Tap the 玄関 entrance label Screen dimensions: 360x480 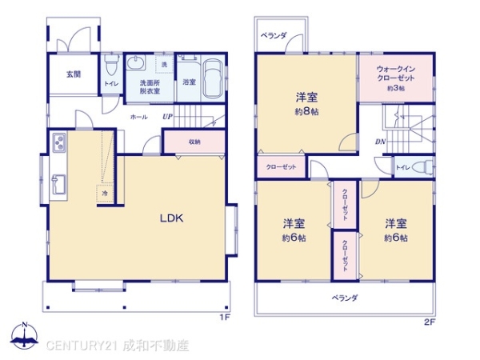pos(74,74)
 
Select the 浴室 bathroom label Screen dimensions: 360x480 pos(190,82)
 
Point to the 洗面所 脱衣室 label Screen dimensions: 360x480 pos(150,87)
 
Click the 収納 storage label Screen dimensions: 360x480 pos(195,142)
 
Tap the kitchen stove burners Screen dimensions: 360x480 pos(59,144)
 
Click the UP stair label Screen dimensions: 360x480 pos(167,117)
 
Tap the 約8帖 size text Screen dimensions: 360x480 pos(306,112)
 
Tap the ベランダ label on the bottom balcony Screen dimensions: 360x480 pos(346,298)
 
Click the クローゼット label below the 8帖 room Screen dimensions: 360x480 pos(281,166)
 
